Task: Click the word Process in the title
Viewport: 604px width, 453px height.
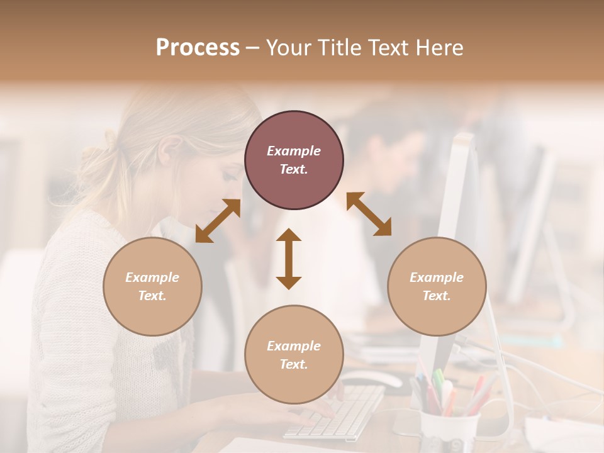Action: tap(198, 48)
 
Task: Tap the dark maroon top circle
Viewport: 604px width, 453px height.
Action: tap(294, 160)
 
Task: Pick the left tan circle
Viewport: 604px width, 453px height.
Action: tap(152, 286)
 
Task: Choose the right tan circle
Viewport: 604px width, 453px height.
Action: tap(437, 286)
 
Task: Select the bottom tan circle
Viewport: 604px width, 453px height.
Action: tap(294, 354)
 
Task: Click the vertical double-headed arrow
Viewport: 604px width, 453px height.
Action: tap(289, 259)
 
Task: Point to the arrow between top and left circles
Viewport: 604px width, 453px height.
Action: tap(218, 221)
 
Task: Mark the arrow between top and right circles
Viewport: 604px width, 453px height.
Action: tap(369, 214)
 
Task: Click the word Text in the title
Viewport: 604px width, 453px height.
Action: tap(386, 48)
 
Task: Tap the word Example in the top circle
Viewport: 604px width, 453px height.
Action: tap(294, 151)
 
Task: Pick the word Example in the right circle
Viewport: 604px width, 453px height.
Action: tap(437, 277)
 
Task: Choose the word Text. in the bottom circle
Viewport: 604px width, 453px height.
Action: tap(294, 364)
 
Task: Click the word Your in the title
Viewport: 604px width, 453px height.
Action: tap(288, 48)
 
